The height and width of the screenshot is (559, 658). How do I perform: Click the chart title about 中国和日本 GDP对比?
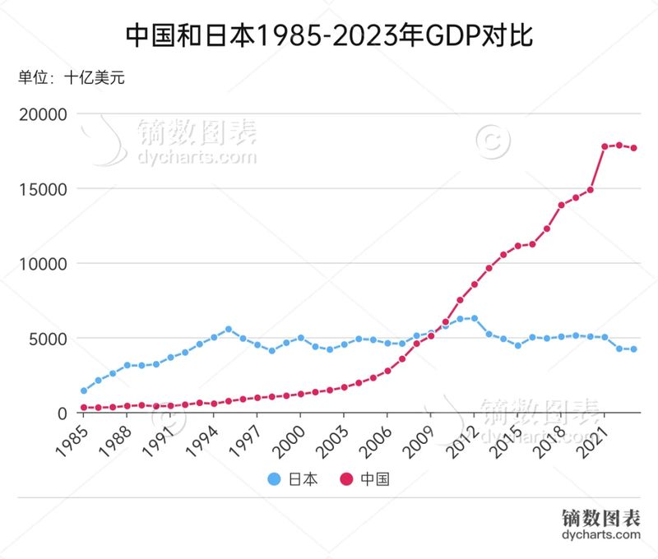point(329,35)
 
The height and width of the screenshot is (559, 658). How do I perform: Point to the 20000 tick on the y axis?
point(42,114)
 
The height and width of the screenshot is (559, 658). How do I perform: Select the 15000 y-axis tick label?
point(42,189)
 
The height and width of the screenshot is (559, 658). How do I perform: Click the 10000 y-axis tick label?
point(42,264)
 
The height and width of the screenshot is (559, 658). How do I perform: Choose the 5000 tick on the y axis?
point(47,339)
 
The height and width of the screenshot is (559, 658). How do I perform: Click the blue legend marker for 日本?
point(275,478)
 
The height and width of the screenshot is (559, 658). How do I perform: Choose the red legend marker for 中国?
point(346,478)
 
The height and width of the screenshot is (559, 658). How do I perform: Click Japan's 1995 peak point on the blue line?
point(228,329)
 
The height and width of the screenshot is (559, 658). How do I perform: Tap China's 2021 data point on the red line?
point(605,146)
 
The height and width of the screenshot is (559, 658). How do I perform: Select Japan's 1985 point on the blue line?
point(83,391)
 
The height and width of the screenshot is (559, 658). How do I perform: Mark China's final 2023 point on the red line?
point(633,148)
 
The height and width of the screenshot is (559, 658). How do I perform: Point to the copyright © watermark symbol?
point(492,140)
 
